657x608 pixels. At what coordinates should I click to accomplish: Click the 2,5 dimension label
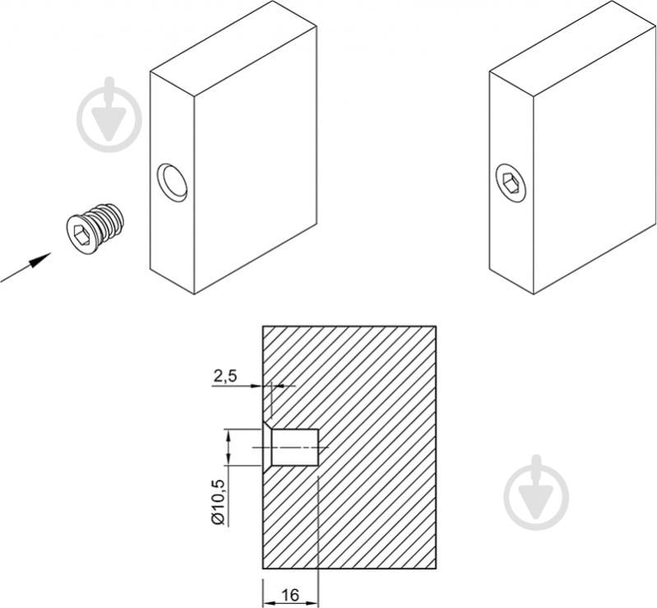click(225, 376)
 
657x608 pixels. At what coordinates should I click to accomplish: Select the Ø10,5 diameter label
click(218, 502)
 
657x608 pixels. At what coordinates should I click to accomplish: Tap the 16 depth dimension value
click(290, 595)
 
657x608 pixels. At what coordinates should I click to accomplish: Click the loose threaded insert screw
click(95, 229)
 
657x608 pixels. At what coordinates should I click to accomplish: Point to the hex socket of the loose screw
click(81, 234)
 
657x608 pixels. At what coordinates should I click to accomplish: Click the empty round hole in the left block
click(172, 183)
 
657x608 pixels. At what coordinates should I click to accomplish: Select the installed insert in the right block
click(511, 183)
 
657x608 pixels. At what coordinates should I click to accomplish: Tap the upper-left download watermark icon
click(109, 114)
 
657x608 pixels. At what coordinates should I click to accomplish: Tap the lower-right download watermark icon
click(536, 492)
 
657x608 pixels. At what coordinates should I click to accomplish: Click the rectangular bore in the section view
click(295, 448)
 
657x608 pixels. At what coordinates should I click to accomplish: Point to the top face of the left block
click(234, 49)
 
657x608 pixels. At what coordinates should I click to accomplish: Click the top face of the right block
click(573, 49)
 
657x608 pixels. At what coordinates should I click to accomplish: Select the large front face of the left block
click(256, 160)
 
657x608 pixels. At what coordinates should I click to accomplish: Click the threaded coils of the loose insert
click(108, 221)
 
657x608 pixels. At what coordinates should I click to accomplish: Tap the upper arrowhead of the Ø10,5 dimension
click(228, 435)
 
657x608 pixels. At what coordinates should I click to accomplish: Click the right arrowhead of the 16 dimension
click(313, 604)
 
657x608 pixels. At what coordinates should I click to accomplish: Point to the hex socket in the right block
click(510, 183)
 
